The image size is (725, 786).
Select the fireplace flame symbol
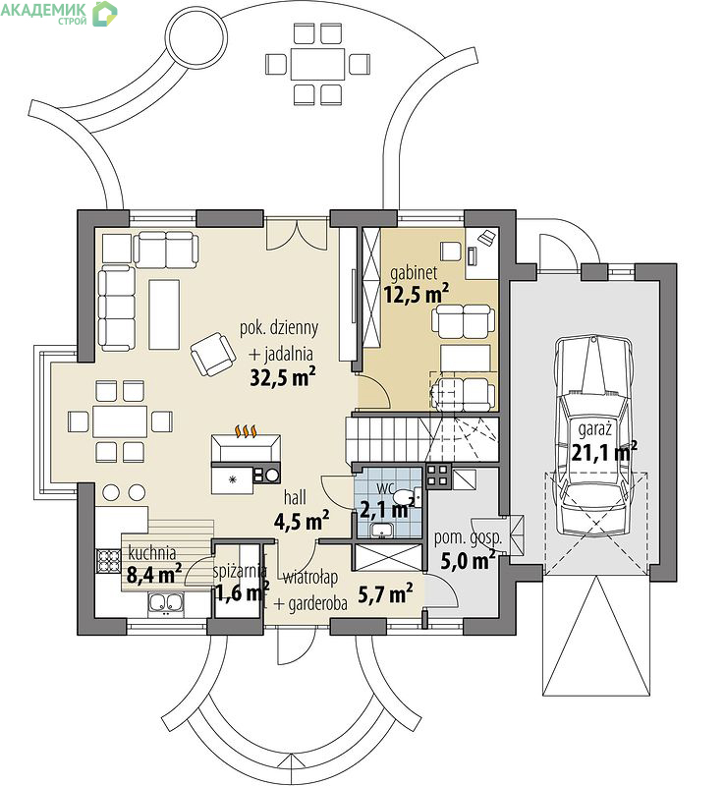click(247, 431)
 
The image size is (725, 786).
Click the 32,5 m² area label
click(283, 377)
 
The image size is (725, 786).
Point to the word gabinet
click(414, 273)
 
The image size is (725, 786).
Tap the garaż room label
click(595, 430)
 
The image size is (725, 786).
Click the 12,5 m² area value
click(417, 295)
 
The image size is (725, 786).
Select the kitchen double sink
click(165, 602)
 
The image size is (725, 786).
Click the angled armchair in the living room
click(213, 354)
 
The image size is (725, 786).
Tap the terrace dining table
click(318, 64)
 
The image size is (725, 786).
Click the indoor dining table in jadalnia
click(120, 421)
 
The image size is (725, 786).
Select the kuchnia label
click(152, 553)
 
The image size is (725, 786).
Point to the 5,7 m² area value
click(385, 594)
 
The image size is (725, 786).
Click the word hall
click(295, 497)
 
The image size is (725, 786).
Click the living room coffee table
click(164, 314)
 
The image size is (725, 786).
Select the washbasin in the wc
click(383, 530)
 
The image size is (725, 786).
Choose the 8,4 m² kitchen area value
click(154, 575)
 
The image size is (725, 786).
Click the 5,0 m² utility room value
click(469, 560)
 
